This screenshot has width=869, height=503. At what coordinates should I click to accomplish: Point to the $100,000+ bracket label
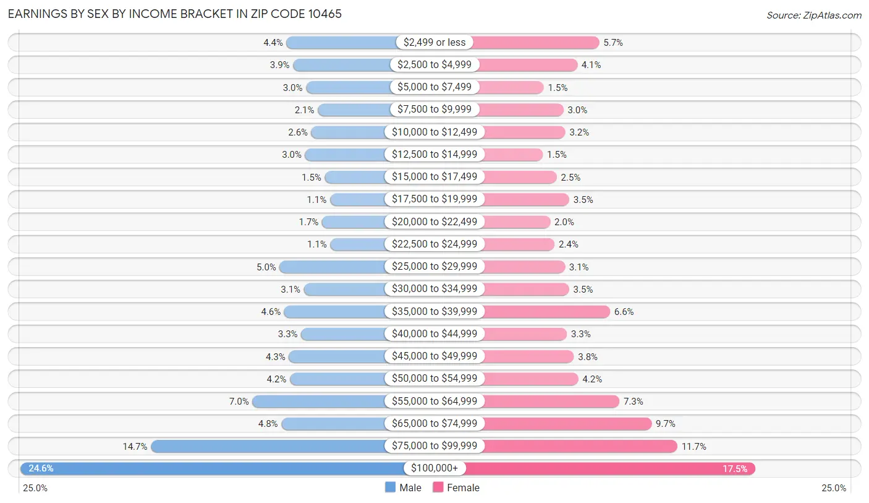click(434, 468)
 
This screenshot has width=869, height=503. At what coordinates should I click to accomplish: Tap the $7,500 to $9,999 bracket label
click(434, 110)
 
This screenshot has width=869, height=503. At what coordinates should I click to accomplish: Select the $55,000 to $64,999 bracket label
click(434, 401)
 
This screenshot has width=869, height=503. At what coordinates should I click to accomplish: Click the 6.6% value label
click(624, 312)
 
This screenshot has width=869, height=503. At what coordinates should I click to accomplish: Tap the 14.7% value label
click(135, 446)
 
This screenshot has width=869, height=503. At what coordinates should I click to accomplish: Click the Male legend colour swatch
click(390, 488)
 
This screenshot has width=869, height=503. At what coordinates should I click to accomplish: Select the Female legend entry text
click(463, 488)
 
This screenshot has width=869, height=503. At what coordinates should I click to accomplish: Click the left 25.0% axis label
click(35, 488)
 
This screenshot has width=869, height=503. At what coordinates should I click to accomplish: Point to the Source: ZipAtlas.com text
click(813, 15)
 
